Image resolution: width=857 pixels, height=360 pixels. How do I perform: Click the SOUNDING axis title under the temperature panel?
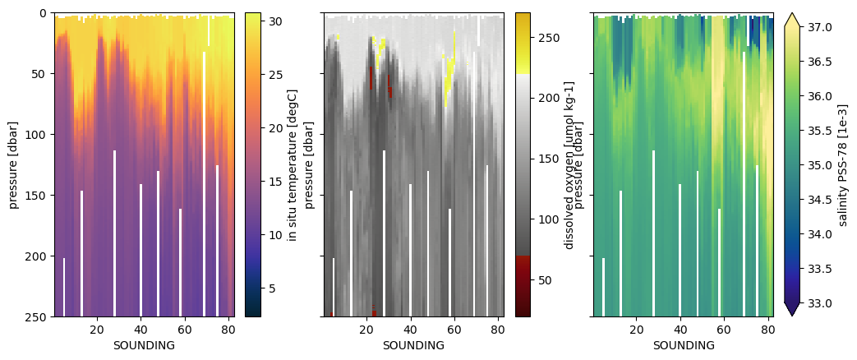click(144, 345)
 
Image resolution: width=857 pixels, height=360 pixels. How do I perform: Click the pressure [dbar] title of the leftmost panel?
click(14, 164)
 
